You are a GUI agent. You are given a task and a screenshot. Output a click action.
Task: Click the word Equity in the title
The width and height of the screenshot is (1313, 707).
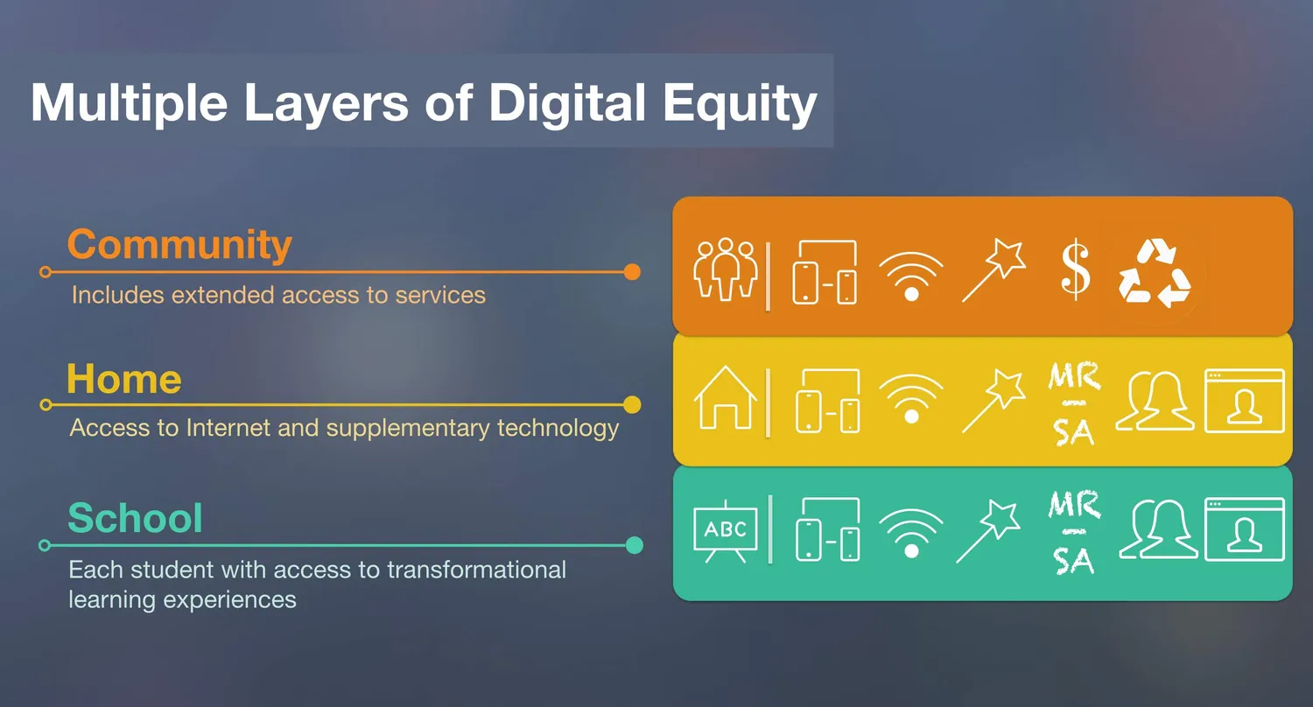[x=740, y=104]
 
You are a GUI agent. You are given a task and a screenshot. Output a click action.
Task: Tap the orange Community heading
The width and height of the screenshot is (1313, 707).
[x=179, y=245]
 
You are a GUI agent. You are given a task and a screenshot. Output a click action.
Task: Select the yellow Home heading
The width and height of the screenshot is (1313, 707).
[x=124, y=378]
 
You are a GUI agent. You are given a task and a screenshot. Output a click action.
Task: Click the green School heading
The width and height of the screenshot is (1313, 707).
[x=136, y=518]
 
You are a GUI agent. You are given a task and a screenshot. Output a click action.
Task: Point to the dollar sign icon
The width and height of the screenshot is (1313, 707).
[x=1076, y=269]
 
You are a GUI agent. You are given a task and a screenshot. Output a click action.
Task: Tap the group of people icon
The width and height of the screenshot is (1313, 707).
[x=726, y=269]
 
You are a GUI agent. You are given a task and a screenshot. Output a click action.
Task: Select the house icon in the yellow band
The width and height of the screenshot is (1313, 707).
[x=726, y=398]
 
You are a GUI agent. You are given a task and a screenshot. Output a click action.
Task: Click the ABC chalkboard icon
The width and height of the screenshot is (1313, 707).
[x=726, y=531]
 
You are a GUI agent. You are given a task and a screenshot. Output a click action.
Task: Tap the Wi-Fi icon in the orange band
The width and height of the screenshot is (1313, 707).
[x=911, y=276]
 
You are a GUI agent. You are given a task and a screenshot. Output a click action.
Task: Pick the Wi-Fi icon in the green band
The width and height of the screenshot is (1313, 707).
[x=911, y=533]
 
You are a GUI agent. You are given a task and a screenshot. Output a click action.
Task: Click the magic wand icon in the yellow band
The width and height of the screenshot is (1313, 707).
[x=994, y=402]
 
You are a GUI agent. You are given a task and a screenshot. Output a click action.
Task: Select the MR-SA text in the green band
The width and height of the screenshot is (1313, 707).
[x=1074, y=533]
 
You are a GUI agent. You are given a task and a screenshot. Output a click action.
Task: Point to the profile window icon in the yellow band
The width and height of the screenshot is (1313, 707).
[x=1245, y=401]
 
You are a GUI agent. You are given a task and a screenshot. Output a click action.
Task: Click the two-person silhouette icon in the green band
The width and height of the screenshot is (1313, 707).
[x=1158, y=528]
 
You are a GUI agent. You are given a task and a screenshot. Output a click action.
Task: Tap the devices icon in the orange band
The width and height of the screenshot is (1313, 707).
[x=825, y=272]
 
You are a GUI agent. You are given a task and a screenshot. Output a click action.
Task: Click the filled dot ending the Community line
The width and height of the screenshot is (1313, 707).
[x=632, y=272]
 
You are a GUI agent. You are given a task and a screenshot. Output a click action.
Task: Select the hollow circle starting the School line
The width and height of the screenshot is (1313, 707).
[x=45, y=545]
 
